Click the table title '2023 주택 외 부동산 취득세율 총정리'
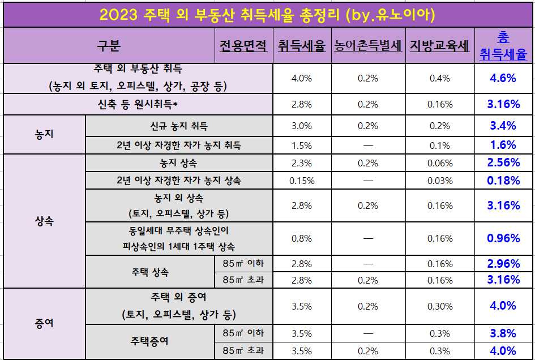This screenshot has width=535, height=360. point(267,14)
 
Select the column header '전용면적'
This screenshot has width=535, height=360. point(243,46)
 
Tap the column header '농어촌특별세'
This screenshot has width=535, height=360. point(367,46)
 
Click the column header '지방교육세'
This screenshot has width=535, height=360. point(439,46)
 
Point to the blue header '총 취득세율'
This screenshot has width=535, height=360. point(503,46)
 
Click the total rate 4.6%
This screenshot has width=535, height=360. point(503,78)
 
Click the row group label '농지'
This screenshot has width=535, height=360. point(44,134)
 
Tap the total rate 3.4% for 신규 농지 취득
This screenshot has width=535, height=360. point(503,126)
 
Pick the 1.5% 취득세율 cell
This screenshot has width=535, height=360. point(301,145)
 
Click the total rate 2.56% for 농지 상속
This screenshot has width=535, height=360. point(503,163)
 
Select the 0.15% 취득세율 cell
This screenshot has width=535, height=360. point(301,181)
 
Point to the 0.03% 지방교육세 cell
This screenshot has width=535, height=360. point(440,181)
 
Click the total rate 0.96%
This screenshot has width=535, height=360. point(503,239)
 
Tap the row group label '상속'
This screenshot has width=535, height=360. point(44,221)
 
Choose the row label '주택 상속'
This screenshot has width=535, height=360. point(150,272)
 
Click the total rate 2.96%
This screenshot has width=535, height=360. point(503,264)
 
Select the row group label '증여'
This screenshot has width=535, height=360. point(44,324)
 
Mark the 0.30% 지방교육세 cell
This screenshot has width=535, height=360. point(440,306)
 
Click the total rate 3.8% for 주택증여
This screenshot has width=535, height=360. point(503,333)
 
